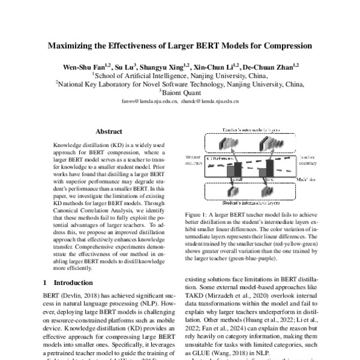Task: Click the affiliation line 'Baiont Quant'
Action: [x=181, y=93]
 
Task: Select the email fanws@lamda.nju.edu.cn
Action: [x=149, y=102]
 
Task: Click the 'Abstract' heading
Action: [x=109, y=131]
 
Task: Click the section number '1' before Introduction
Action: [x=46, y=282]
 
